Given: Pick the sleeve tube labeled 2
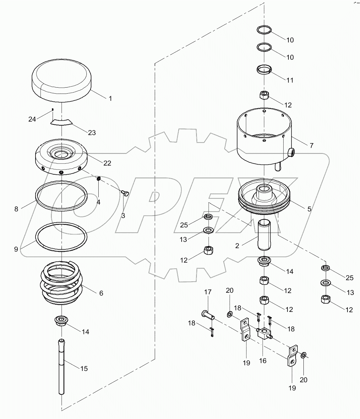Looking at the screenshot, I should [264, 236].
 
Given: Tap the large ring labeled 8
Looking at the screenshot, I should [61, 194].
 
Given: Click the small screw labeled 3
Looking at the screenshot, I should [124, 193].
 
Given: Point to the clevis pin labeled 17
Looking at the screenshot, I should [207, 314].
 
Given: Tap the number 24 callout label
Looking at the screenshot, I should [32, 119].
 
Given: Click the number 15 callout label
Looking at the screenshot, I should [84, 368].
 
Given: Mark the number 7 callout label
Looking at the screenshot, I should [311, 145].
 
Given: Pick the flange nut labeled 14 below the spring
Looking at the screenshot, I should [62, 321].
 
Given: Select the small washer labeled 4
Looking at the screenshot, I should [99, 179].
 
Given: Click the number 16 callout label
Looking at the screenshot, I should [263, 361].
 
